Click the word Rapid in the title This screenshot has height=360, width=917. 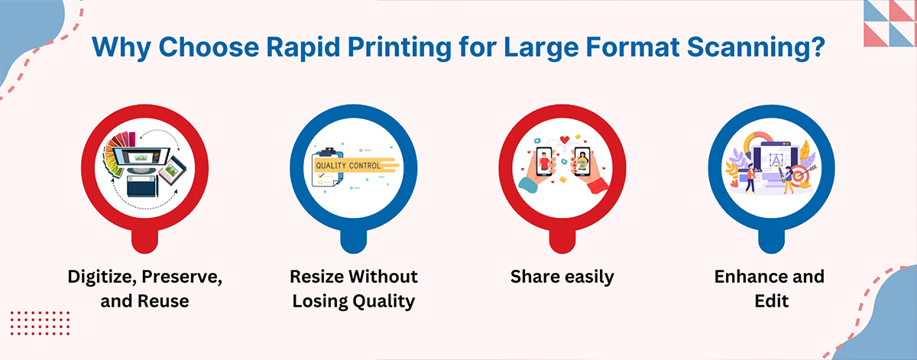point(303,47)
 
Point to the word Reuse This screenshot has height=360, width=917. point(163,301)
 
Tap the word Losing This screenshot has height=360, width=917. point(319,302)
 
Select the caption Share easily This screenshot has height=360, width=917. point(562,277)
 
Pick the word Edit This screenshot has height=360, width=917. point(771,301)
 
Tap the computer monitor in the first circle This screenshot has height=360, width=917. point(141,157)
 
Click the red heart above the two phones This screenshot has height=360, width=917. point(565,140)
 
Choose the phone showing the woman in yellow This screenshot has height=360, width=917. point(582,161)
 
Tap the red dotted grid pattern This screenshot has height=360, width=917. point(40,323)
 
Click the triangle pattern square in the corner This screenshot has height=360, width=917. point(889,24)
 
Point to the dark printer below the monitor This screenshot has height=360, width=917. point(142,186)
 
